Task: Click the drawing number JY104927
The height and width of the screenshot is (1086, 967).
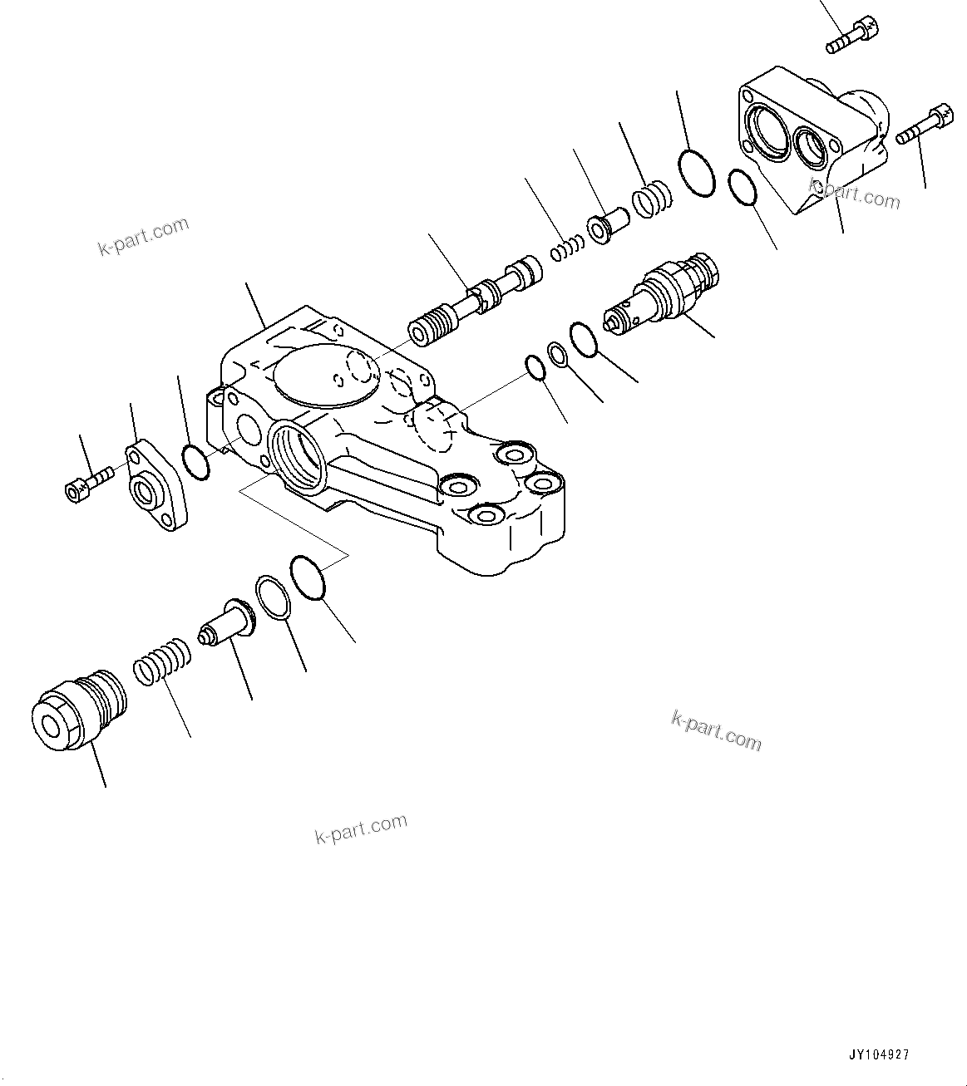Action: tap(879, 1054)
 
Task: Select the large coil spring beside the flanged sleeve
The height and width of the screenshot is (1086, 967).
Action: tap(650, 200)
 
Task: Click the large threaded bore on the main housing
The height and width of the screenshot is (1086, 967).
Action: tap(298, 458)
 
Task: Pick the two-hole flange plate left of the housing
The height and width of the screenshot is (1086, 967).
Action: tap(154, 489)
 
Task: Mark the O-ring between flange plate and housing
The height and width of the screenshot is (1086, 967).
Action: tap(195, 462)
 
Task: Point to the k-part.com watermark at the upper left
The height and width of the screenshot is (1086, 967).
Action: tap(144, 237)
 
